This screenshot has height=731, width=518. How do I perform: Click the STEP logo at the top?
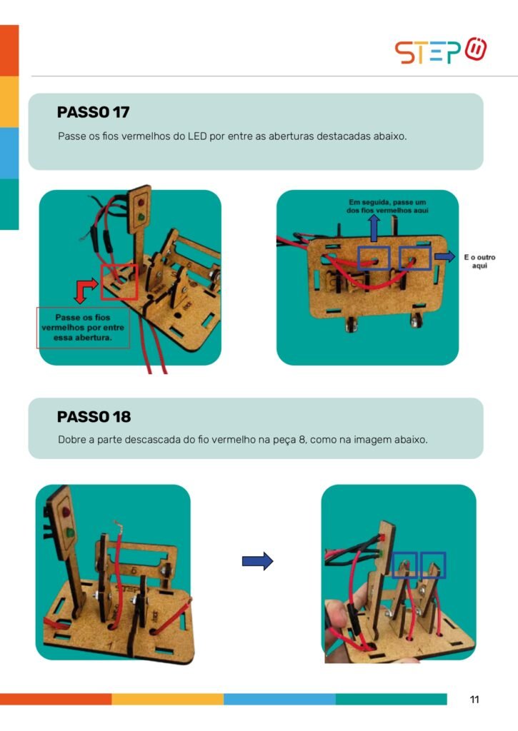(441, 51)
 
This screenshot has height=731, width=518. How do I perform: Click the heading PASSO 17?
(94, 112)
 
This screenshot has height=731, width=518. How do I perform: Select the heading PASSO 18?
(94, 416)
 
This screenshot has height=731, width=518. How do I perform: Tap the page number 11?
(474, 700)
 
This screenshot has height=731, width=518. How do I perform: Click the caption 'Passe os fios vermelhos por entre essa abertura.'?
(83, 327)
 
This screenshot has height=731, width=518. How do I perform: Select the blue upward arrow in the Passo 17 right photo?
(374, 228)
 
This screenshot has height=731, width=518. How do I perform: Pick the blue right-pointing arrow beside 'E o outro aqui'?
(444, 256)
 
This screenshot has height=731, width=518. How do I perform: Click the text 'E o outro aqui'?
(479, 261)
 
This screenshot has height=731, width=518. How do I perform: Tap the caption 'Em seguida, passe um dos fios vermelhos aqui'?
(387, 206)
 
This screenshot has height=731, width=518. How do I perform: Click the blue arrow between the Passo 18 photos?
(257, 561)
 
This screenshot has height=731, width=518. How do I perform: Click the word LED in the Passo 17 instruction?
(197, 136)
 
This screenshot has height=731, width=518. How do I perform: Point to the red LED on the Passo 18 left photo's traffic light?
(66, 511)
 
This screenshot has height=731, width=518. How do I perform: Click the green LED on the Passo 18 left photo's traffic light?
(69, 532)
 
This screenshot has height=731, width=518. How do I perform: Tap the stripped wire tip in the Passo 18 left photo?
(118, 528)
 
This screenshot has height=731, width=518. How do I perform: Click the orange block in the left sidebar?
(9, 51)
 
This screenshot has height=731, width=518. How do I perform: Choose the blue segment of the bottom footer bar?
(279, 699)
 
